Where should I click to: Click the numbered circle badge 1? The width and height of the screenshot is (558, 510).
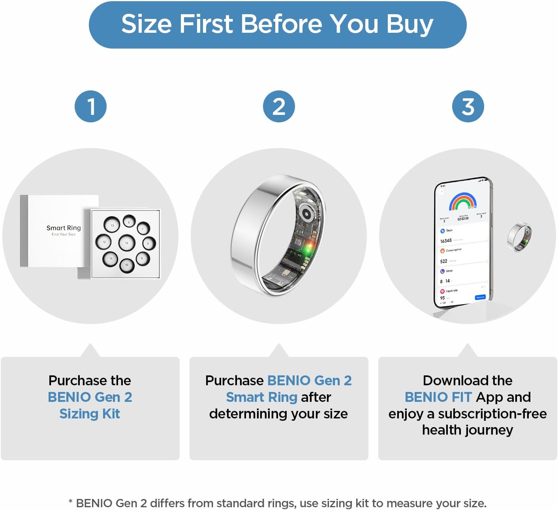point(91,107)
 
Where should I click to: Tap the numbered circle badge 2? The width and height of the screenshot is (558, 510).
point(279,107)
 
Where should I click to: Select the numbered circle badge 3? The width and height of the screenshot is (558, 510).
point(468,107)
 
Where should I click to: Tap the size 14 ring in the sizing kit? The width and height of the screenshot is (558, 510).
point(127,243)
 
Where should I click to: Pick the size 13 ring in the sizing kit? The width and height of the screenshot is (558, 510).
point(112,225)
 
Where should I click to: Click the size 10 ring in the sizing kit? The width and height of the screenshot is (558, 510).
point(127,265)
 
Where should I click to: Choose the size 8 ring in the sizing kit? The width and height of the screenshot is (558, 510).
point(148,244)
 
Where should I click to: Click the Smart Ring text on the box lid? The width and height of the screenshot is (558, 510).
point(64,228)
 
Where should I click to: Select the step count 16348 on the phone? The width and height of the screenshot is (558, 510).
point(446,241)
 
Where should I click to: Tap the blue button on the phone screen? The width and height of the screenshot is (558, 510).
point(480,297)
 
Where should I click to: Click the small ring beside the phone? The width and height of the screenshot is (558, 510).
point(519,237)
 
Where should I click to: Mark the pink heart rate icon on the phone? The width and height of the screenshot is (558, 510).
point(442,291)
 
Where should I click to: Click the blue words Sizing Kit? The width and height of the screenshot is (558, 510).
point(90,413)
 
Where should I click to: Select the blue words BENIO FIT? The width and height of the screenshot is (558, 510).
point(438,397)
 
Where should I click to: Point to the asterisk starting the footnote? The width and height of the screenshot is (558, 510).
point(70,502)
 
